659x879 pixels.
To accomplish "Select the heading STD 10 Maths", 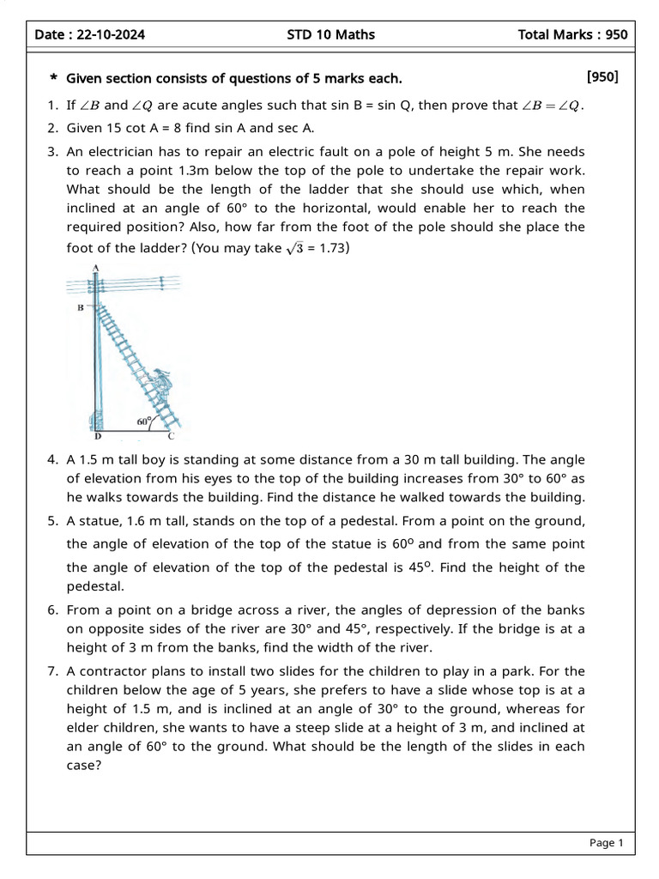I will tap(330, 34).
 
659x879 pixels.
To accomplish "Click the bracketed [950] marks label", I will tap(602, 77).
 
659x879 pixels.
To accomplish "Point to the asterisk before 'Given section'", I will tap(53, 80).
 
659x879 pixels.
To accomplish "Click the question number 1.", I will tap(51, 106).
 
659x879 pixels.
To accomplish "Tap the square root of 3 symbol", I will tap(295, 249).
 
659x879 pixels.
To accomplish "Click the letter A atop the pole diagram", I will tap(95, 267).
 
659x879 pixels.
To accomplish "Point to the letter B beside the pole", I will tap(80, 306).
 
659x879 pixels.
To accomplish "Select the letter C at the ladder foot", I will tap(171, 435).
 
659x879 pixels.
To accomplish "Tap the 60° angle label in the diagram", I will tap(144, 421).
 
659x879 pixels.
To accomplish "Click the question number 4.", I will tap(51, 460).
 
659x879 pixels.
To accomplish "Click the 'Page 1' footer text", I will tap(606, 843).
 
